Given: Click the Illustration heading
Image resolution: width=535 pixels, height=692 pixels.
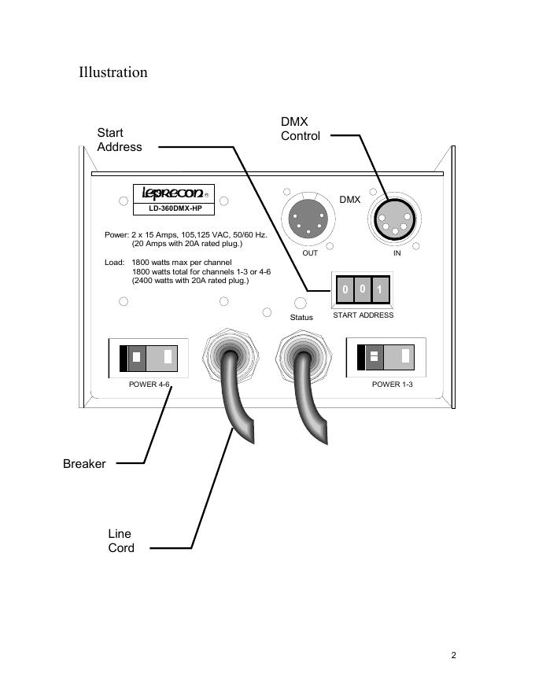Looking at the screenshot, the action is click(113, 72).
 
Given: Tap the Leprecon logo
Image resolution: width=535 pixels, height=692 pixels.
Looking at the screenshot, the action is click(173, 193).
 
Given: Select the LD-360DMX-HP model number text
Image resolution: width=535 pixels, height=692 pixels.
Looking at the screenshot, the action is click(175, 208).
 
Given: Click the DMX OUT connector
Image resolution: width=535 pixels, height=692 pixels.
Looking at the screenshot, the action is click(308, 219).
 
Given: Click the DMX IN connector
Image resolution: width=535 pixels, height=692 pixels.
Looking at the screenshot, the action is click(395, 219).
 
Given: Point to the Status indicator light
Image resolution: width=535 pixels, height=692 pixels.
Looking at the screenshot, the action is click(301, 304).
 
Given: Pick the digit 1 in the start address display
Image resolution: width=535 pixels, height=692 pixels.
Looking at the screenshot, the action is click(380, 289).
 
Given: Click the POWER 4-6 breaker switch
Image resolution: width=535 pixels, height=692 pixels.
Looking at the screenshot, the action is click(149, 359).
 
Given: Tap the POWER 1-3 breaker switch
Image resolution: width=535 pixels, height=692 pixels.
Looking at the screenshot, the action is click(386, 357).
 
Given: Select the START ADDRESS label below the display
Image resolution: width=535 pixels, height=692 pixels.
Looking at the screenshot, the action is click(363, 315).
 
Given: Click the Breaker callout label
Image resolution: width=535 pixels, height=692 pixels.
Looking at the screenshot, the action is click(84, 464).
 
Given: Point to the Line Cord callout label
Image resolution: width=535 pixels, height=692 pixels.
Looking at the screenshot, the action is click(121, 541).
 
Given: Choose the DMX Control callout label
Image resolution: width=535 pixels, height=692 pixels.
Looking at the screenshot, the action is click(301, 128).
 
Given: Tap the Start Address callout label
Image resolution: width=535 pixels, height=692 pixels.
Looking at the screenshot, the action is click(119, 140).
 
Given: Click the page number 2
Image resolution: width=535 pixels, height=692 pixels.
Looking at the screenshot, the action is click(453, 655).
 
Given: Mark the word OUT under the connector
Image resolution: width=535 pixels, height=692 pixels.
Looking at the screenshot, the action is click(310, 253).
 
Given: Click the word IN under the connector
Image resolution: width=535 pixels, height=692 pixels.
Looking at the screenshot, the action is click(397, 253).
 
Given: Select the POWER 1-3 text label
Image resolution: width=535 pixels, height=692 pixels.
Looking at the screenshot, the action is click(393, 385).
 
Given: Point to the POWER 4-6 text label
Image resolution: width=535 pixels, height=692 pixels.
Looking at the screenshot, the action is click(149, 385).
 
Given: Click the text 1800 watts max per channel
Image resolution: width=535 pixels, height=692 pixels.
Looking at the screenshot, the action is click(182, 262).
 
